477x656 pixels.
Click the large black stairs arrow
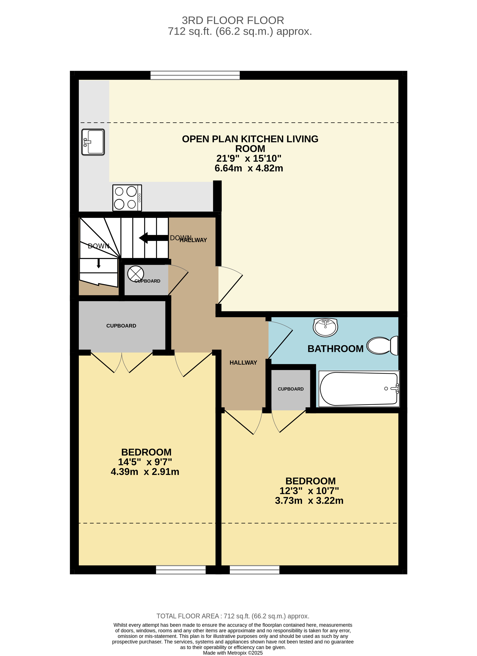click(153, 238)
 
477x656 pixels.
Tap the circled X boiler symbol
click(136, 274)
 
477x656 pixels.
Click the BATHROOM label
click(335, 349)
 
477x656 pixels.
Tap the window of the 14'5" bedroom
click(181, 570)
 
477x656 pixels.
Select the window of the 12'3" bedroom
click(254, 570)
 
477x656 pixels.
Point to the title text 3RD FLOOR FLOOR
click(233, 20)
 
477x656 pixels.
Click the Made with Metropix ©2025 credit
click(233, 653)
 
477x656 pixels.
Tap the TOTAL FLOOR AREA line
click(233, 616)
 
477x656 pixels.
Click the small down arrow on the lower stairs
click(99, 263)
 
